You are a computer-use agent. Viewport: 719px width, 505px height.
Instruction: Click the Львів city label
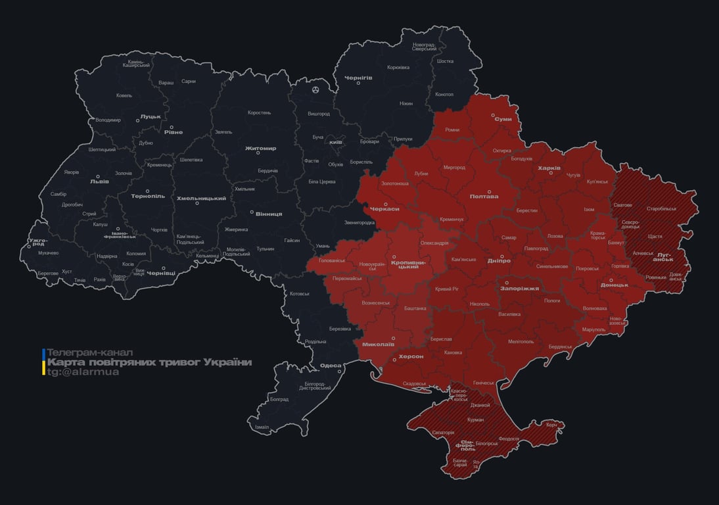pos(99,182)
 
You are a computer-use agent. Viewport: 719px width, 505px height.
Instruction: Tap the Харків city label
pos(549,168)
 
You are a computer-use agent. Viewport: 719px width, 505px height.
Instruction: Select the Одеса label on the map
pos(330,366)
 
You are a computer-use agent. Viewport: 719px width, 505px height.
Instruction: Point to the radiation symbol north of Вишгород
pos(316,89)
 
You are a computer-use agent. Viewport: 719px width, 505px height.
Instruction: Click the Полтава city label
pos(484,196)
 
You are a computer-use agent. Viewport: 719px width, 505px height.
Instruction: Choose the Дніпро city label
pos(499,261)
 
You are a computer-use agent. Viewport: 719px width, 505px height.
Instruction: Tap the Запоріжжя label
pos(519,288)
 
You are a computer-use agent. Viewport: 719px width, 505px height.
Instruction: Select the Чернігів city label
pos(358,78)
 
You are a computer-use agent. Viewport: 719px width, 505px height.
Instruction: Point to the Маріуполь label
pos(593,329)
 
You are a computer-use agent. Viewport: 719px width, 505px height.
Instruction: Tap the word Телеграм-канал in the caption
pos(90,352)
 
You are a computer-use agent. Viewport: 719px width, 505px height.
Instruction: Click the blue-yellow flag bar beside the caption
pos(44,362)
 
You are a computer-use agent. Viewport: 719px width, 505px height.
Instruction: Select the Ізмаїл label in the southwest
pos(262,427)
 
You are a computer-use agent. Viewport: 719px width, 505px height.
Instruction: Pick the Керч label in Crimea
pos(551,425)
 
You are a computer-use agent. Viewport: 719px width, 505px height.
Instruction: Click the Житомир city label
pos(260,149)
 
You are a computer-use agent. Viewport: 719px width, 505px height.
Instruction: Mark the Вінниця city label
pos(269,214)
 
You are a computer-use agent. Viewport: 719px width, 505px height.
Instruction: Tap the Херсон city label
pos(411,356)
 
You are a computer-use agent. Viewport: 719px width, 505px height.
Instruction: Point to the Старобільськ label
pos(661,208)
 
